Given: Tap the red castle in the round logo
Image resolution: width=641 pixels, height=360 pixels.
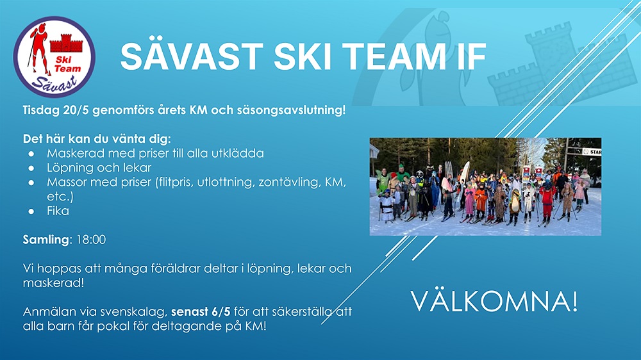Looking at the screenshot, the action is point(66,44).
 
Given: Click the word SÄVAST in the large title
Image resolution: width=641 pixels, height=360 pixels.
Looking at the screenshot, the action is point(192,56).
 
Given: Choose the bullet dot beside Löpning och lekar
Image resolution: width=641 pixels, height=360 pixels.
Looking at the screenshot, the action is point(31,168).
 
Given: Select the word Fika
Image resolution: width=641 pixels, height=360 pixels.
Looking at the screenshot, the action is point(58,211).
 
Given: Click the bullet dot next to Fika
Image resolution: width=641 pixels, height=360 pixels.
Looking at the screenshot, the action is point(31,211).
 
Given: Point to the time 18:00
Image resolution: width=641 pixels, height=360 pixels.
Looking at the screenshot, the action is point(91,240).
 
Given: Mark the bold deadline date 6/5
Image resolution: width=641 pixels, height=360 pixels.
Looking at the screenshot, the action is point(221,312).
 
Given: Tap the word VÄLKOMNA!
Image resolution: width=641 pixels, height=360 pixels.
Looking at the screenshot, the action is point(494,302).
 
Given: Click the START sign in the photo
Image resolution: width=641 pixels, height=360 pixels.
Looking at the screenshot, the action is point(592,152).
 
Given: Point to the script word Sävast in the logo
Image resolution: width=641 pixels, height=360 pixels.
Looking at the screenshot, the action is point(54,83).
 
